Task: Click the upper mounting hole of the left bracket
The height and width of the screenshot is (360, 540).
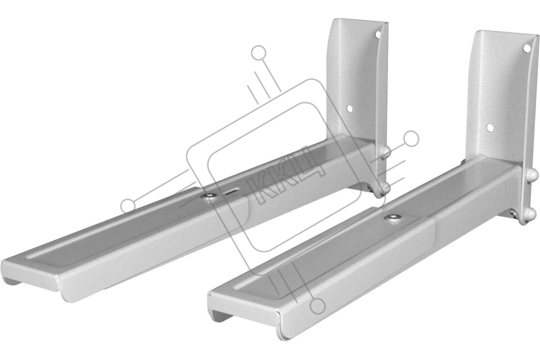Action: pos(378,35)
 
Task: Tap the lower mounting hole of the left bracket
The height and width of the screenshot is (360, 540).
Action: pos(349,109)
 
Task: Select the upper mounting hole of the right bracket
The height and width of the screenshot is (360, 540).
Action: pos(526,48)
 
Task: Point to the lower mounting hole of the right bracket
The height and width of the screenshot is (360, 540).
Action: pos(490,128)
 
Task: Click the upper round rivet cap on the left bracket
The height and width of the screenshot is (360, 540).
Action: pos(385,152)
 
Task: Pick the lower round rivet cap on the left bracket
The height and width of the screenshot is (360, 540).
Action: pos(385,188)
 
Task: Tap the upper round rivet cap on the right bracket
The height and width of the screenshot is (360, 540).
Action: pos(532,174)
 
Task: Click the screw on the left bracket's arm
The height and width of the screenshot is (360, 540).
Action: pos(209,196)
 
